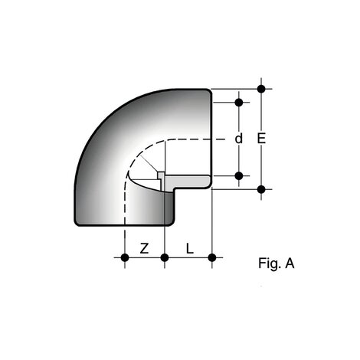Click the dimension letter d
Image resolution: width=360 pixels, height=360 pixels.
click(239, 139)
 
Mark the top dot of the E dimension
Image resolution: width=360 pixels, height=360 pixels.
click(262, 90)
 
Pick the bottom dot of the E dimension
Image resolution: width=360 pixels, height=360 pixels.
click(262, 188)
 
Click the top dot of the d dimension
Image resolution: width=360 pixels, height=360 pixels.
click(239, 102)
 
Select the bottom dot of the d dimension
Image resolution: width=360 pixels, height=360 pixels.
click(239, 175)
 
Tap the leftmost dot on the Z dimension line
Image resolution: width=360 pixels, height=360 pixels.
click(126, 257)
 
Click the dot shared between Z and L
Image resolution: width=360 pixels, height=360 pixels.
click(165, 257)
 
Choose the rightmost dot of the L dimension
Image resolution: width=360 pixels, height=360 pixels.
click(212, 257)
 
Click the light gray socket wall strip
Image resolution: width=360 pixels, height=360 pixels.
click(188, 182)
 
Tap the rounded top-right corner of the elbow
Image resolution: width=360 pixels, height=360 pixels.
click(208, 92)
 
